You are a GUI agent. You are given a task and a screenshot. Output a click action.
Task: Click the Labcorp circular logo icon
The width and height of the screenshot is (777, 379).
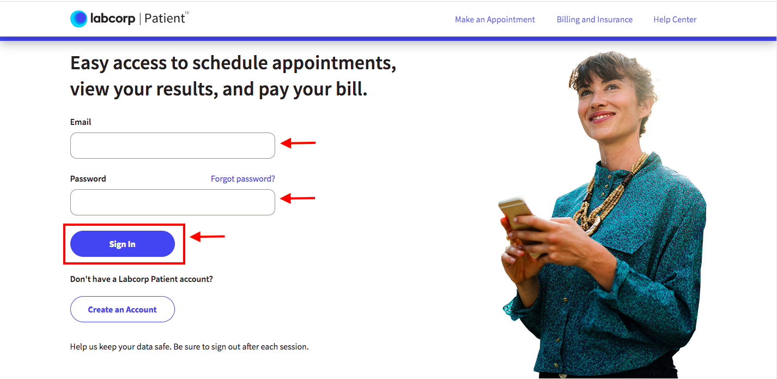click(79, 19)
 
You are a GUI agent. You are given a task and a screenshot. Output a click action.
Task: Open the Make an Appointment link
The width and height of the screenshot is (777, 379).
click(495, 20)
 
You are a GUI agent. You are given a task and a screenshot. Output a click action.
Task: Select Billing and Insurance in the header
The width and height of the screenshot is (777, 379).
click(594, 20)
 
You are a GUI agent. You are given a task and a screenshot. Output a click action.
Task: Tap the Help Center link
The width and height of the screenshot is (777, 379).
click(675, 20)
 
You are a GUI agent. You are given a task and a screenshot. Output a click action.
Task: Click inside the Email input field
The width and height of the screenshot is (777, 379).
click(172, 146)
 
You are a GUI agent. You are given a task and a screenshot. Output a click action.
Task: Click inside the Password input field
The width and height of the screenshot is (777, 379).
click(172, 202)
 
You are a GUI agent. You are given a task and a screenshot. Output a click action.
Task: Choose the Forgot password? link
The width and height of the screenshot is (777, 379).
click(243, 179)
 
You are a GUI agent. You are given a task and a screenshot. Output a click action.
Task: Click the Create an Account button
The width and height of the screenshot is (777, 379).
click(123, 309)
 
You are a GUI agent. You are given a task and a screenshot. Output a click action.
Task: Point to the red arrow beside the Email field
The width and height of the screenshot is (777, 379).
click(298, 143)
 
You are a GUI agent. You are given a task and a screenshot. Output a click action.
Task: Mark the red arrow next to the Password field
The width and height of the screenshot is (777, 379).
click(298, 198)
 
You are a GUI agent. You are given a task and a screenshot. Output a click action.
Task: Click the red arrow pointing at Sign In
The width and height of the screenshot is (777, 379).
click(208, 236)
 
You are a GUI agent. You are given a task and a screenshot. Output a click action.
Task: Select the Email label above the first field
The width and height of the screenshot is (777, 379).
click(81, 122)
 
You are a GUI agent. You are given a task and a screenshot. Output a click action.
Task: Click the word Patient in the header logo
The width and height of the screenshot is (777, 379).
click(165, 19)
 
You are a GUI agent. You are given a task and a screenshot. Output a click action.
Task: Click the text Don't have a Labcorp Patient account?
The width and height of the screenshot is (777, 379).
click(142, 279)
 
